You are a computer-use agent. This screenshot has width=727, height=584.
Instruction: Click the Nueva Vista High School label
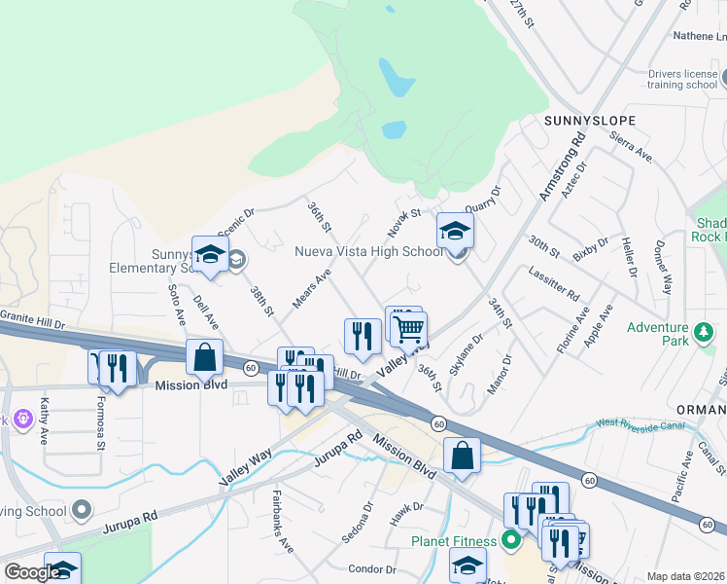[x=369, y=251]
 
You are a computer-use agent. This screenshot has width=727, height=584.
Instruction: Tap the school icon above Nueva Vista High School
[x=454, y=232]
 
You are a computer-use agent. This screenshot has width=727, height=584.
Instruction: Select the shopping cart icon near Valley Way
[x=409, y=329]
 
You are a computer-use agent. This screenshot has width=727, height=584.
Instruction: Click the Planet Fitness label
[x=453, y=541]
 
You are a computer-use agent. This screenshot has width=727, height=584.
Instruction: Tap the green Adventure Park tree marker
[x=703, y=335]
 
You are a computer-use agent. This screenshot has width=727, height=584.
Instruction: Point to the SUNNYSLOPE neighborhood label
[x=590, y=121]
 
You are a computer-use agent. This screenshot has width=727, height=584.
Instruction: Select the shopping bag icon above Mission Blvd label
[x=205, y=357]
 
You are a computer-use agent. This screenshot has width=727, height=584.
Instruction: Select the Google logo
[x=32, y=572]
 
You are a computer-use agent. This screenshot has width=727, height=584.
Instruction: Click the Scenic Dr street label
[x=236, y=221]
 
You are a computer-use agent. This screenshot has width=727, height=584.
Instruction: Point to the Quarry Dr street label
[x=482, y=200]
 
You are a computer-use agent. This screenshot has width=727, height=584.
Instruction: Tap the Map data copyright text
[x=685, y=576]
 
